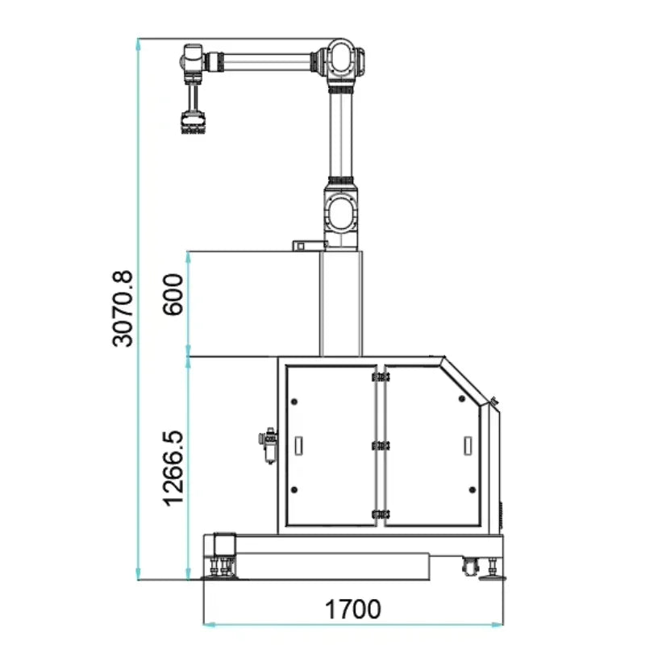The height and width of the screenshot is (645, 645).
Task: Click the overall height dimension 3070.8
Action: click(x=123, y=309)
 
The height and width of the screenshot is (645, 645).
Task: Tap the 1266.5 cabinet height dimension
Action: click(x=174, y=468)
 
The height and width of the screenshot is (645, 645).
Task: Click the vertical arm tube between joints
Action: click(x=342, y=133)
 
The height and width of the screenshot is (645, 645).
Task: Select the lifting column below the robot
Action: click(x=341, y=303)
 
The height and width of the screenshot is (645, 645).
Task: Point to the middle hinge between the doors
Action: click(x=378, y=444)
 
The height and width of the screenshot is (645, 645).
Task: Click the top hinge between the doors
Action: click(x=378, y=376)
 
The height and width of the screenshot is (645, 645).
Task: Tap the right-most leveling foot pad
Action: click(x=492, y=576)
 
